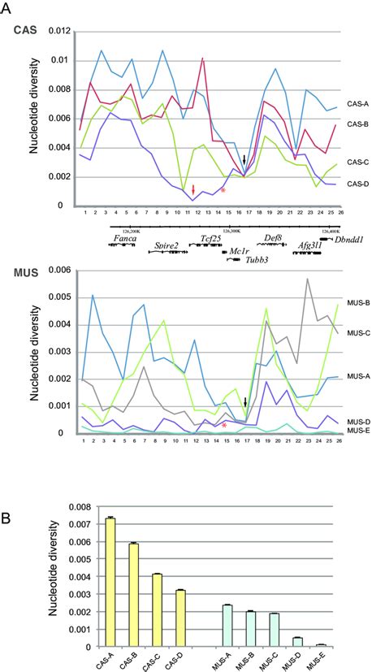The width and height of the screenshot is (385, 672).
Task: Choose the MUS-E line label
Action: [x=358, y=432]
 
